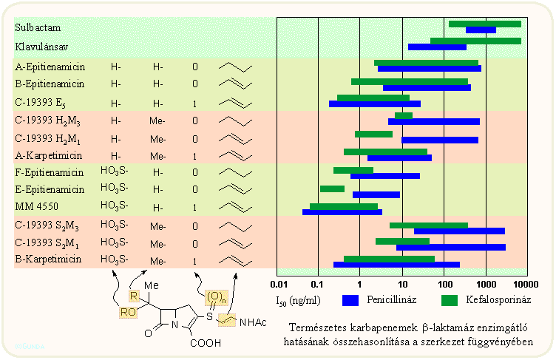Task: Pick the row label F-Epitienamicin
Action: pos(49,172)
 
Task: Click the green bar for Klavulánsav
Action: pos(475,41)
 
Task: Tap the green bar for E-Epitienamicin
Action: pos(332,189)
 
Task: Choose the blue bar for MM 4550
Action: pos(342,212)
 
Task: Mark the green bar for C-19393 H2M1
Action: pos(373,134)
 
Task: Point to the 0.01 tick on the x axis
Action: pos(278,283)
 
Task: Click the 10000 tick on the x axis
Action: pos(521,283)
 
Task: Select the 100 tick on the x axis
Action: pos(444,283)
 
